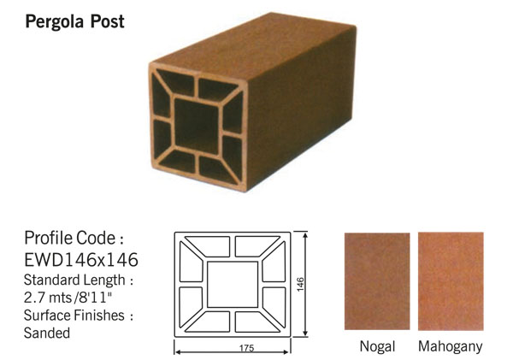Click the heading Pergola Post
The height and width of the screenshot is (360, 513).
[74, 22]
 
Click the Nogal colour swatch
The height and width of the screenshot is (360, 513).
[377, 281]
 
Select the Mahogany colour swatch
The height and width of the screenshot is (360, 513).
[451, 281]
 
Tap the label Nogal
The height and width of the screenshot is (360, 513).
[377, 346]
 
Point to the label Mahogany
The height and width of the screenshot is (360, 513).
[451, 346]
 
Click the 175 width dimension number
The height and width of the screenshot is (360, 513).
[246, 348]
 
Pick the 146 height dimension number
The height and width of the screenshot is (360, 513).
[300, 284]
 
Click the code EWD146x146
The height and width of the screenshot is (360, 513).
[81, 260]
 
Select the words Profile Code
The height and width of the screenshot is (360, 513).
[70, 238]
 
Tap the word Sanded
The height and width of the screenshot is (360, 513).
[47, 333]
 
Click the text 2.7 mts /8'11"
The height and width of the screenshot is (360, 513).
[68, 298]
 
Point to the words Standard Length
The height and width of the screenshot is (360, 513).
[74, 280]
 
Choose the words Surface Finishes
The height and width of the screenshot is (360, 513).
[74, 316]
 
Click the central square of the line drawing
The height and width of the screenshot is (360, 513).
[233, 284]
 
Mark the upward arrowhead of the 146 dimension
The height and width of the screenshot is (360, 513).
[305, 235]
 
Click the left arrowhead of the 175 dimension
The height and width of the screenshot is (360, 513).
[179, 352]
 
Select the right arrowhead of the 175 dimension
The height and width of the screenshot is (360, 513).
[286, 352]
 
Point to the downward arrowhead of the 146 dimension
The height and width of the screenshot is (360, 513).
[305, 333]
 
